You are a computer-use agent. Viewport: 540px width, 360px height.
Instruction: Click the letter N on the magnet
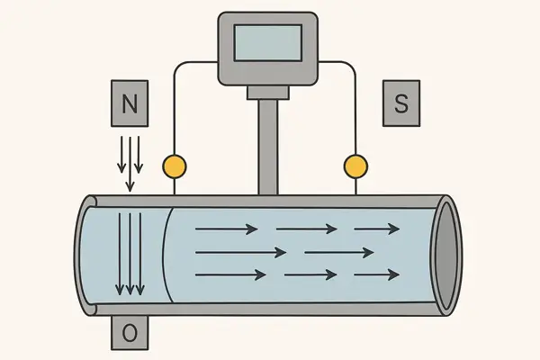(130, 103)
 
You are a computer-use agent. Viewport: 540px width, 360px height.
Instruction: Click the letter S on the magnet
(400, 103)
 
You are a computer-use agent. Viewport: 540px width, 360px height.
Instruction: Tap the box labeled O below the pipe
(130, 333)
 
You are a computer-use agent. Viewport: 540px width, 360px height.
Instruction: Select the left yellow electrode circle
(174, 166)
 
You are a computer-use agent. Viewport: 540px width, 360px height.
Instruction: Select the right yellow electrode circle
(356, 166)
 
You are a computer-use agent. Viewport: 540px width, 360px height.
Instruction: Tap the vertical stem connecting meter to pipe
(267, 144)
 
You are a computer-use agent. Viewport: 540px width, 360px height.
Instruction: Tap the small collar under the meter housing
(267, 92)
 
